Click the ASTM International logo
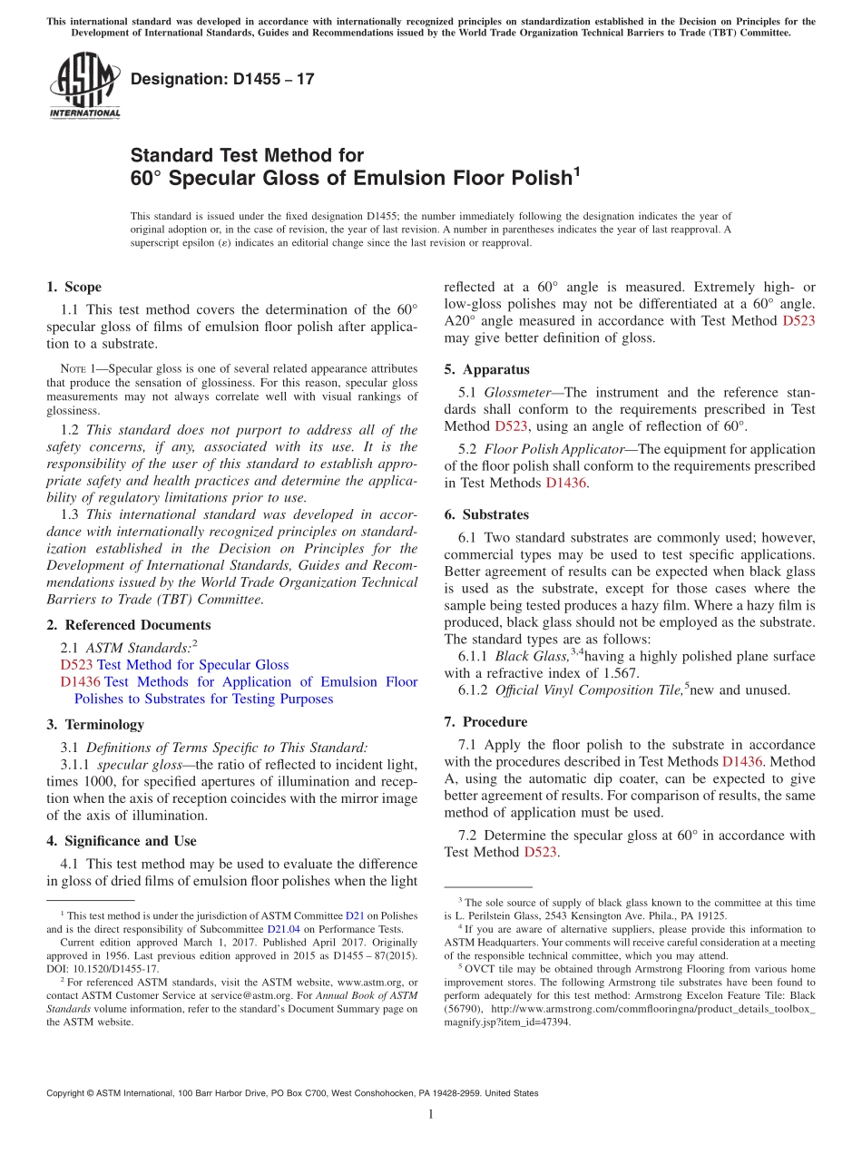pyautogui.click(x=84, y=87)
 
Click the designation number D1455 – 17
pyautogui.click(x=222, y=79)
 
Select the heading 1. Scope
pyautogui.click(x=73, y=287)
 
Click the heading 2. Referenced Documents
pyautogui.click(x=128, y=625)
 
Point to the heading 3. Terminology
pyautogui.click(x=94, y=724)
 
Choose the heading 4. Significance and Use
pyautogui.click(x=121, y=841)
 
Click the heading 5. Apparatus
pyautogui.click(x=486, y=369)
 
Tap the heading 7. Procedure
pyautogui.click(x=485, y=722)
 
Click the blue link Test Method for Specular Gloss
pyautogui.click(x=192, y=665)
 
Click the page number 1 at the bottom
pyautogui.click(x=431, y=1115)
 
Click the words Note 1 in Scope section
pyautogui.click(x=74, y=369)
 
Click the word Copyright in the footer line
pyautogui.click(x=68, y=1093)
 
